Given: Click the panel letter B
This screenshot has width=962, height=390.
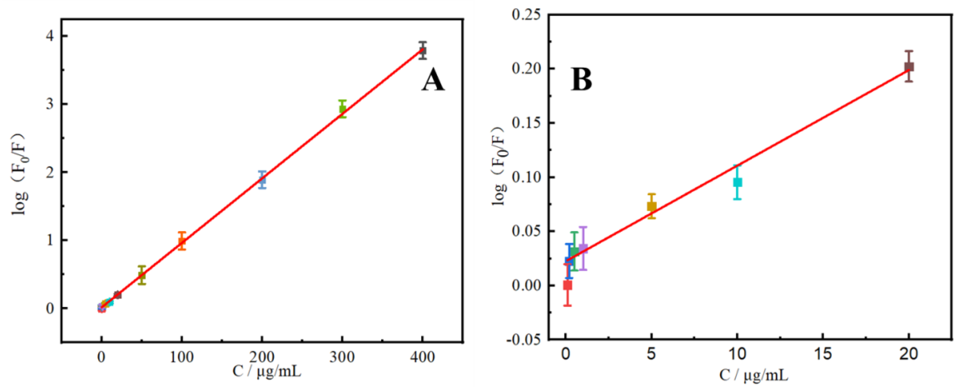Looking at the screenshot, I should click(x=581, y=80).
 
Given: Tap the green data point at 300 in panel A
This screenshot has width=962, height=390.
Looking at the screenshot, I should click(x=342, y=109).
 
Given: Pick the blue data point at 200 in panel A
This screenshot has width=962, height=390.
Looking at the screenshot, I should click(x=262, y=180).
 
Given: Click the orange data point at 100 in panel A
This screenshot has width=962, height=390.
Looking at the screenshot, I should click(x=182, y=241).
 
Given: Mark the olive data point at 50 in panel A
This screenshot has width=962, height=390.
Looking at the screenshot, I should click(x=142, y=276).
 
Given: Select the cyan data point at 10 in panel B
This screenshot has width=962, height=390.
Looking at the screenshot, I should click(x=737, y=183).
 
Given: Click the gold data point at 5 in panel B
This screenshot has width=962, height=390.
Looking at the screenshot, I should click(x=652, y=206).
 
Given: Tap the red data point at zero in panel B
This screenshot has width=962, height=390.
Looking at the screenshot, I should click(x=567, y=286).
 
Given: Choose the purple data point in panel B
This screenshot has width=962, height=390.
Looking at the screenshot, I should click(x=583, y=248).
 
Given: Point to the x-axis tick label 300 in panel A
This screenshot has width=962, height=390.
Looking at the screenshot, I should click(x=342, y=357).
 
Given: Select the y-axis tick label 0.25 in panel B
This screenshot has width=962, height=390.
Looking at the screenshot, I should click(x=526, y=15).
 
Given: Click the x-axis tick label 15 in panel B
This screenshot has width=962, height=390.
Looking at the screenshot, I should click(x=823, y=353).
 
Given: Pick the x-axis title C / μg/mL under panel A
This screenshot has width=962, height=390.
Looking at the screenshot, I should click(x=267, y=371).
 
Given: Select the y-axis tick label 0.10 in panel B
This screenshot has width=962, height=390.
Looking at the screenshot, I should click(x=526, y=177).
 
